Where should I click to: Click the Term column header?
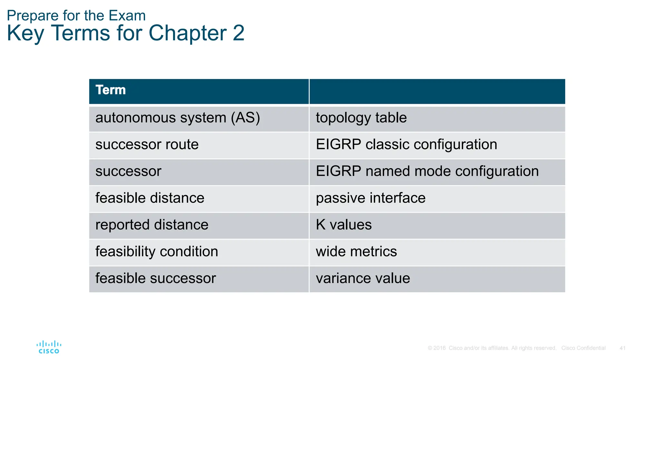point(111,90)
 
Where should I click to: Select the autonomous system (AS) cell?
point(178,118)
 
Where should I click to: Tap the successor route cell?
point(147,145)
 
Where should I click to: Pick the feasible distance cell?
point(150,198)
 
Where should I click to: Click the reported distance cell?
point(152,225)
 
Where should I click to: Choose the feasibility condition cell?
point(157,252)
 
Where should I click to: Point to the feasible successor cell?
point(156,278)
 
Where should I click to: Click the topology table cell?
point(361,118)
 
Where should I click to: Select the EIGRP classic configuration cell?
point(406,145)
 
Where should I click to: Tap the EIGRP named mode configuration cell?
point(427,171)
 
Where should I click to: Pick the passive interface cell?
point(371,198)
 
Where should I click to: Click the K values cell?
point(344,225)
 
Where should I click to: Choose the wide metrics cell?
point(356,252)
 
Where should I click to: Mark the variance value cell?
point(363,278)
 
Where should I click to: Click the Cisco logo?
point(49,347)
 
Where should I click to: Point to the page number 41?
point(622,348)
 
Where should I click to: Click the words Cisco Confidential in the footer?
point(583,348)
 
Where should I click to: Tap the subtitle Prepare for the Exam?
point(76,15)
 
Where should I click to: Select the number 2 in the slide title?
point(238,33)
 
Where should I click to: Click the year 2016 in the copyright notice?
point(439,348)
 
